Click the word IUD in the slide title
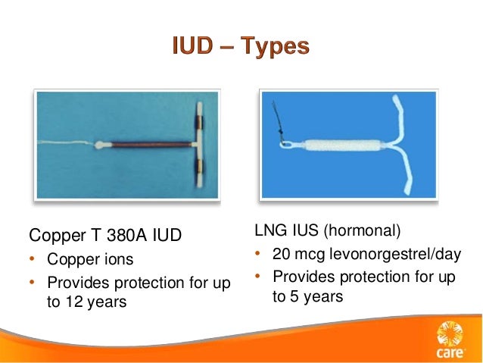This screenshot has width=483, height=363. tap(192, 47)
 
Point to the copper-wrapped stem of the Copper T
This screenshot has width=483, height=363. tap(148, 142)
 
